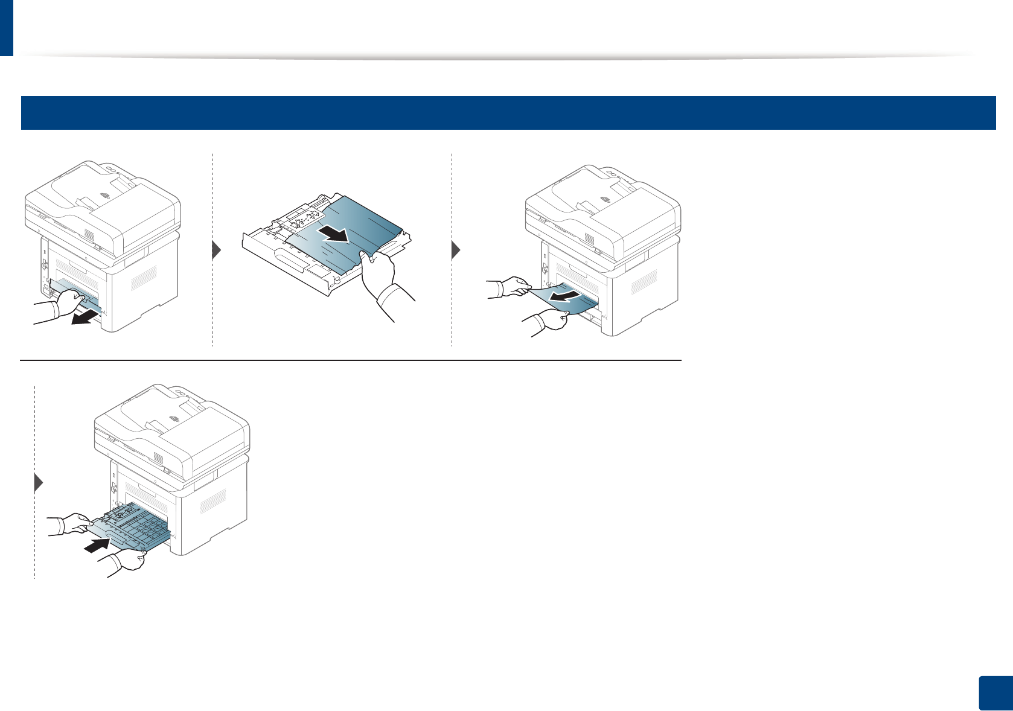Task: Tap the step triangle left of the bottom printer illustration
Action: click(x=39, y=483)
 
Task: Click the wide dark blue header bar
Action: click(x=508, y=112)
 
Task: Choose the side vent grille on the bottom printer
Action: click(x=213, y=500)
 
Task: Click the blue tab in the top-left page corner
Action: click(x=6, y=27)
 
